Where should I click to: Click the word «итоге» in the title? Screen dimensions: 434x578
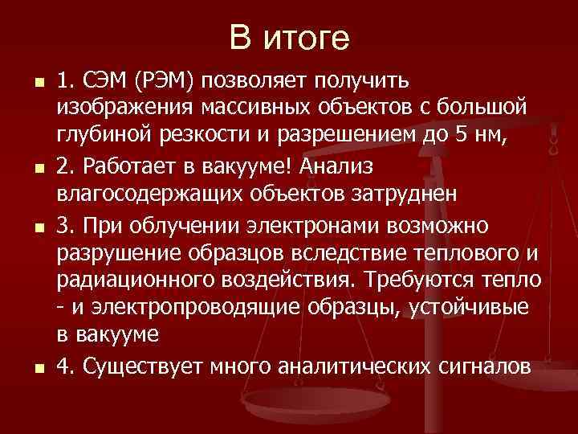pos(308,38)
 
